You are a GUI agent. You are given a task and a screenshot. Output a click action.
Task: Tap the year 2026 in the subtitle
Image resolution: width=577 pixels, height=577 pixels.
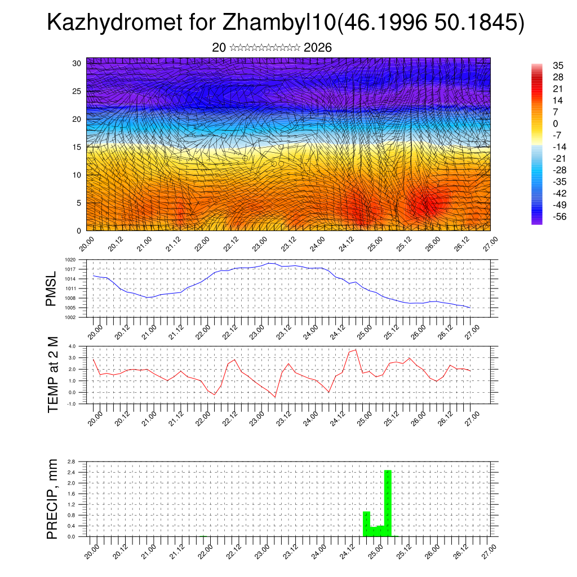click(x=317, y=48)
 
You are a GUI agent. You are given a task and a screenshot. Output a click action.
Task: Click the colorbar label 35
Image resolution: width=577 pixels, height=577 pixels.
click(x=558, y=65)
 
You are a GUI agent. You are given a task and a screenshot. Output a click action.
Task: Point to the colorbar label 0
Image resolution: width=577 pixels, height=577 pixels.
click(x=556, y=123)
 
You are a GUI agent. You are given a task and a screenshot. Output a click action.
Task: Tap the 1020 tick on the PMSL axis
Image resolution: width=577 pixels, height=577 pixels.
click(x=70, y=260)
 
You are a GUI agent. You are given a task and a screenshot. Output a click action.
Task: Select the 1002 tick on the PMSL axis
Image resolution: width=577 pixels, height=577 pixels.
click(x=70, y=317)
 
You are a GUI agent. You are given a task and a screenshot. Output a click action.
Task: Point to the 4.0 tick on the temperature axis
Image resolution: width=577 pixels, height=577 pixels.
click(x=72, y=346)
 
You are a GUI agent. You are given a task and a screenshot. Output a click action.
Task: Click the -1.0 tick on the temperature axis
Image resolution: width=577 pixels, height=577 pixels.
click(x=72, y=404)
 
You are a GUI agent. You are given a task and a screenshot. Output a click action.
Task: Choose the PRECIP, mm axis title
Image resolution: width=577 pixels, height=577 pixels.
click(x=52, y=499)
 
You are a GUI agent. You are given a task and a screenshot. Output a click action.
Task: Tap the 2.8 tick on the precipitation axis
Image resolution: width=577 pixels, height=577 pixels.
click(x=71, y=461)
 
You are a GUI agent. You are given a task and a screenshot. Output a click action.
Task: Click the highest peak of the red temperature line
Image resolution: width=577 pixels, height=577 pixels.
click(x=356, y=350)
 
